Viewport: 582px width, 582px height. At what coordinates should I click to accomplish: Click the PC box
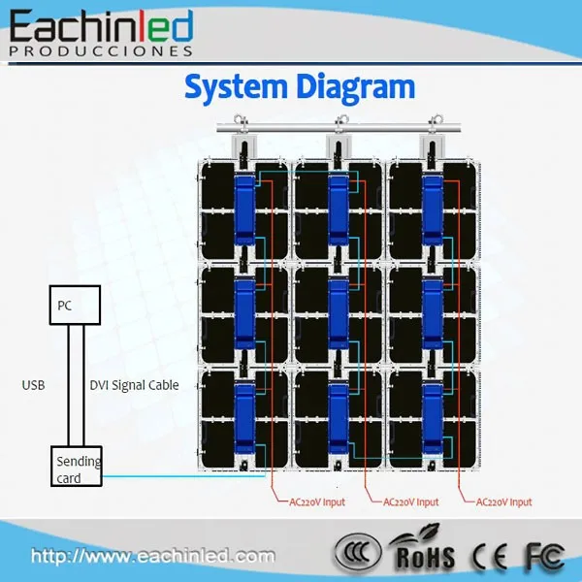point(75,306)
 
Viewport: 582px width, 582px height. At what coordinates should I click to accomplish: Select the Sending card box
point(77,469)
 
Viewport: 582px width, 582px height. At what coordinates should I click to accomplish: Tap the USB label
point(34,385)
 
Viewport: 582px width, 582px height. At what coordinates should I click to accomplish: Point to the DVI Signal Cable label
point(135,385)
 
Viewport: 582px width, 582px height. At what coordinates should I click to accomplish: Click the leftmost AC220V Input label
point(316,502)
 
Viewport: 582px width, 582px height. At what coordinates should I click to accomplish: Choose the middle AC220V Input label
point(410,502)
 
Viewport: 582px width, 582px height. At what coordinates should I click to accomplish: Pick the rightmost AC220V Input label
point(504,502)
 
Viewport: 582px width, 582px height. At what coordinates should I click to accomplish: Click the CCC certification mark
point(360,554)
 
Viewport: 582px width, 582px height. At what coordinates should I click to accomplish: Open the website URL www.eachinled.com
point(153,557)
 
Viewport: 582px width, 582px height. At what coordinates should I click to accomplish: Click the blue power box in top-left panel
point(243,206)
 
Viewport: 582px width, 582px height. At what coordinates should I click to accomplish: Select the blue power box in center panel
point(338,310)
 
